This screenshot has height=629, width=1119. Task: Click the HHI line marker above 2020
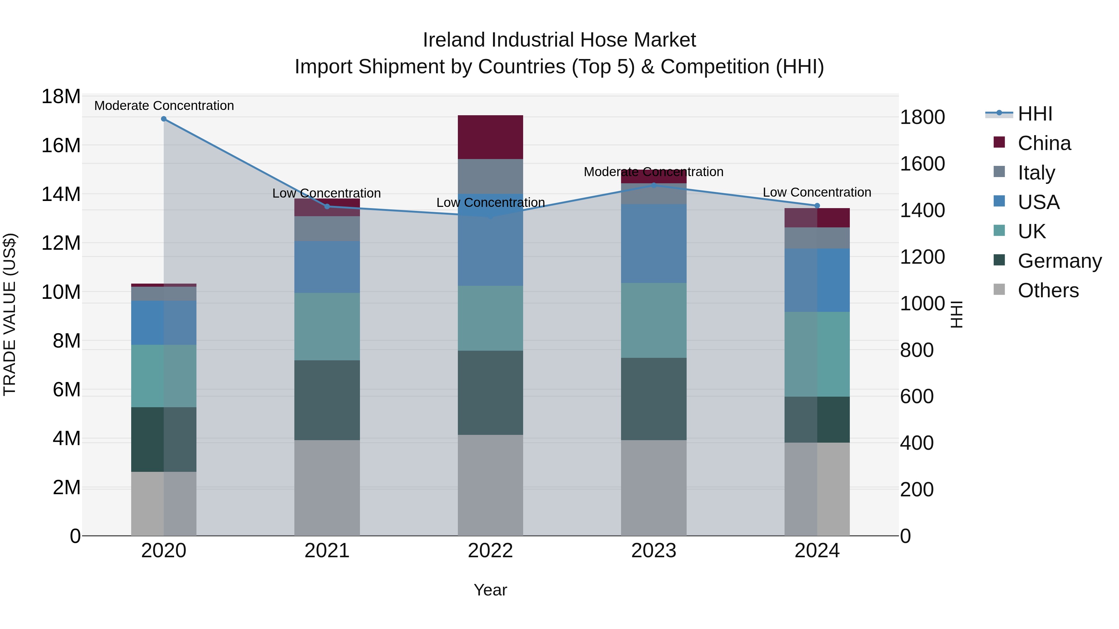pyautogui.click(x=164, y=119)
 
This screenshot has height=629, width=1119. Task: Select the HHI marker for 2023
pyautogui.click(x=654, y=185)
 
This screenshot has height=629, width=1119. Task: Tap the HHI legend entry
pyautogui.click(x=1035, y=114)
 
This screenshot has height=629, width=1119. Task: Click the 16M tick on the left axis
pyautogui.click(x=61, y=145)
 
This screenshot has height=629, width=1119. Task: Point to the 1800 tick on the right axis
pyautogui.click(x=922, y=117)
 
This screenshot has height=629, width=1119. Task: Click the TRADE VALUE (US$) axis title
pyautogui.click(x=10, y=314)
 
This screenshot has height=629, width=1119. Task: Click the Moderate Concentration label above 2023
pyautogui.click(x=653, y=172)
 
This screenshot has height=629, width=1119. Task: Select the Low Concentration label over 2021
pyautogui.click(x=326, y=193)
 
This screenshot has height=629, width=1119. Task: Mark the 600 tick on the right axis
pyautogui.click(x=917, y=396)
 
